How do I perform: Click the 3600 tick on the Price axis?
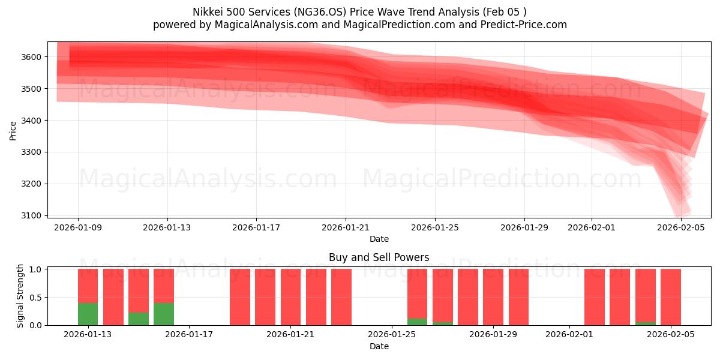(33, 57)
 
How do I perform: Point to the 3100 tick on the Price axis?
(33, 215)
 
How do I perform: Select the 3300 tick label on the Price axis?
(33, 152)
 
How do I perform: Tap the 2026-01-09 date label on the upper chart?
(78, 227)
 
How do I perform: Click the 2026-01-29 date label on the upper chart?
(524, 227)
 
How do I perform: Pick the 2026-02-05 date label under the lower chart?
(671, 335)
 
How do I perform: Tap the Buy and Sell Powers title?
(379, 257)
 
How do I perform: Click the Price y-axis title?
(13, 130)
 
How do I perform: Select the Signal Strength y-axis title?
(20, 296)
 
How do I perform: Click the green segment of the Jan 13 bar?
(88, 314)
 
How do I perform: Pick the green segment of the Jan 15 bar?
(139, 319)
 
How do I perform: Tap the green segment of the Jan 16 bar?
(164, 314)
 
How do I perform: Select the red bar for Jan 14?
(113, 297)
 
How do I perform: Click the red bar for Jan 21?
(290, 297)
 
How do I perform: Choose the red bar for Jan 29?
(518, 297)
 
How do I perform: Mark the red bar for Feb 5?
(671, 297)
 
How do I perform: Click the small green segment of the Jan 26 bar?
(417, 322)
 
